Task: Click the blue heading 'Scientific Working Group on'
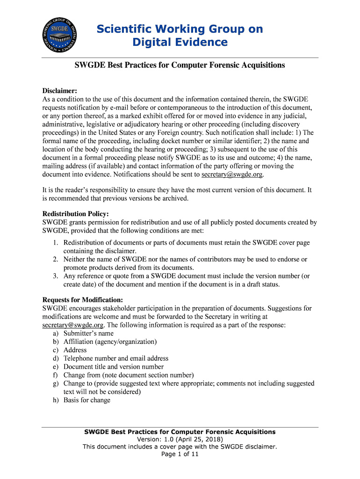coord(180,29)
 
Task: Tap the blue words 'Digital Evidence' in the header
coord(180,43)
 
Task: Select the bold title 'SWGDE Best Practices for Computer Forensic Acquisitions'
coord(180,65)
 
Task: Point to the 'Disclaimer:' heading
coord(59,91)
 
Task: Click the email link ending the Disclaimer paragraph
coord(232,174)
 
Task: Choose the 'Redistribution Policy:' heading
coord(75,214)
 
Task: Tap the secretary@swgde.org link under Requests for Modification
coord(72,325)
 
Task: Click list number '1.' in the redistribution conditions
coord(55,243)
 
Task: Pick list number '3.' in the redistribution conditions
coord(55,276)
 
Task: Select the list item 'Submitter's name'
coord(88,334)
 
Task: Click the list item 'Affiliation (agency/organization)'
coord(110,342)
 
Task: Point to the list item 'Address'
coord(75,350)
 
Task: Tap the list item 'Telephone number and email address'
coord(116,358)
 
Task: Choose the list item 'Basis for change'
coord(87,400)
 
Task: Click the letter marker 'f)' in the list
coord(55,375)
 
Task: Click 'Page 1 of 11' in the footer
coord(180,454)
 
